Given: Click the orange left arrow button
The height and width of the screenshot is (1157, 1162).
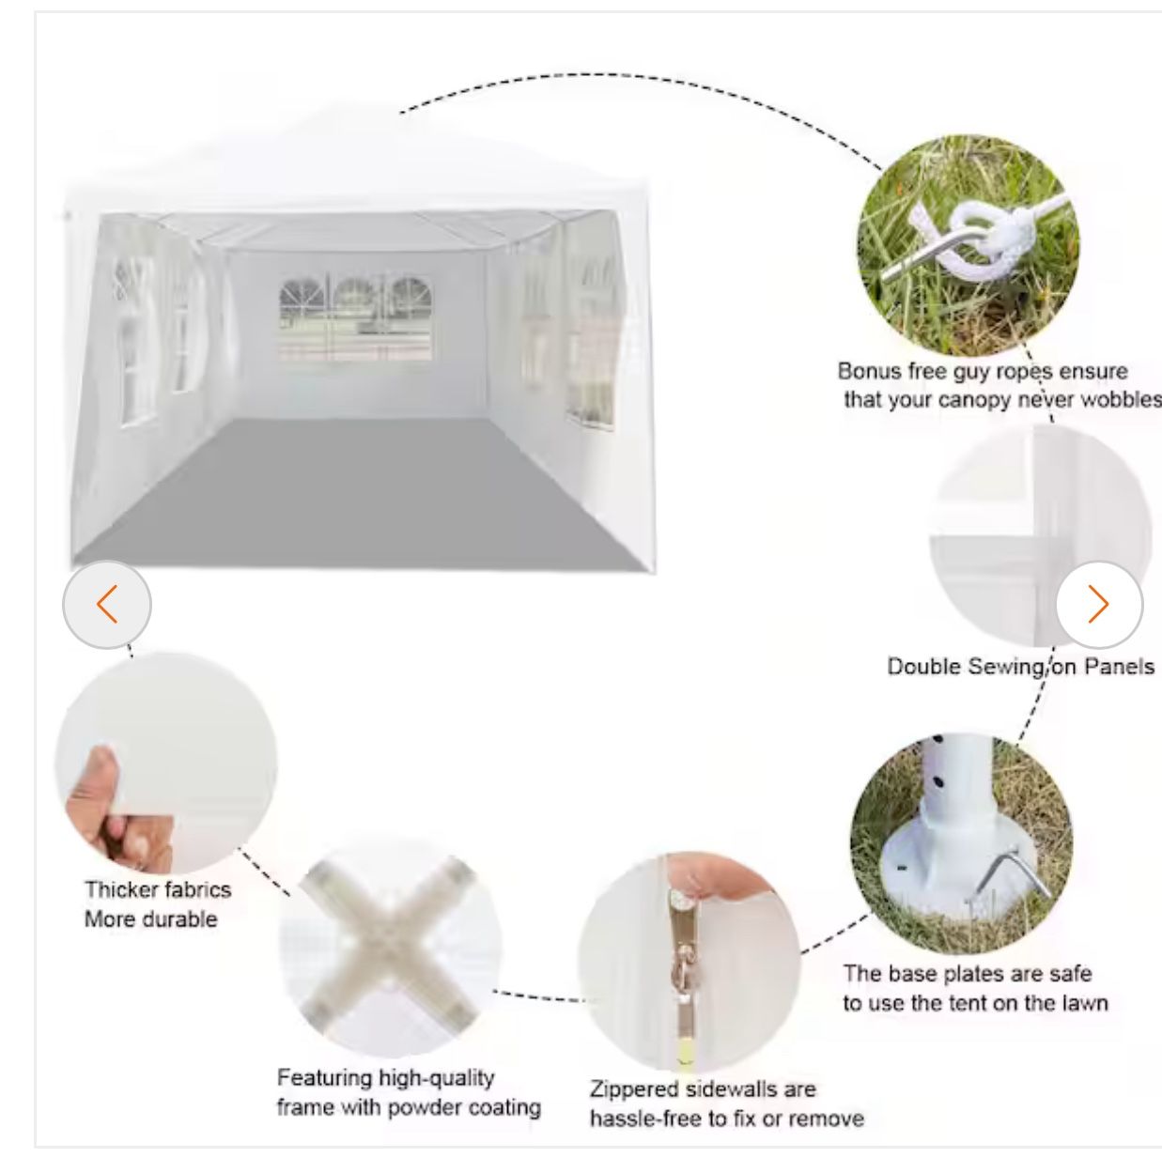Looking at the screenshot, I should coord(107,605).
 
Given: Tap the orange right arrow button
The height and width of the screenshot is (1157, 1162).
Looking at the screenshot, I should coord(1099,605).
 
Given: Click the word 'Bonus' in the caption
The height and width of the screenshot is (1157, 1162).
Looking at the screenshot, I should coord(870,371).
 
